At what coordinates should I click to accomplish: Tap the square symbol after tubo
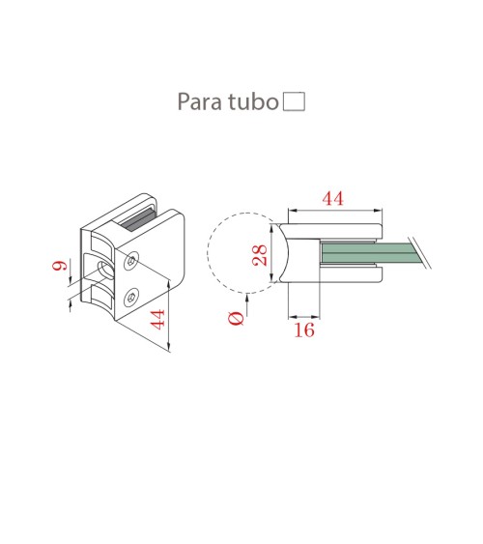[x=293, y=100]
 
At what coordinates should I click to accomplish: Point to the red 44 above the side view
[x=332, y=198]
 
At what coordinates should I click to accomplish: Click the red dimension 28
[x=259, y=256]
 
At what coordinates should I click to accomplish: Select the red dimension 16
[x=304, y=329]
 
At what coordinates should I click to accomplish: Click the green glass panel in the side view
[x=367, y=254]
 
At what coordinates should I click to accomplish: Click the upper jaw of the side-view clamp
[x=338, y=230]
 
